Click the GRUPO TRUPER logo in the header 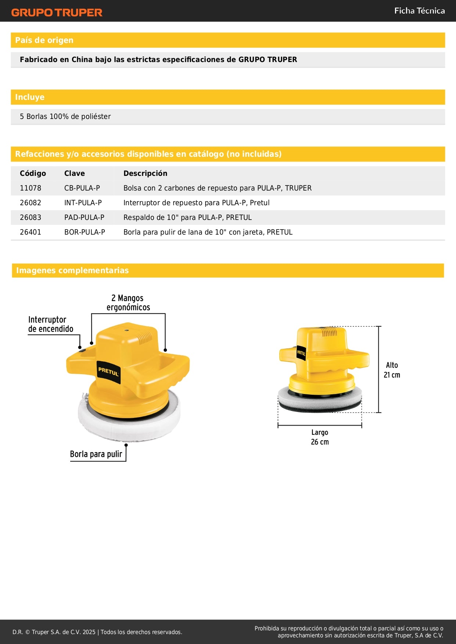57,12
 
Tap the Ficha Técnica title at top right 419,11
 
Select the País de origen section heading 44,40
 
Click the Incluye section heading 30,97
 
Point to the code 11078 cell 30,188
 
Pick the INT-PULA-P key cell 83,203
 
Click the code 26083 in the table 30,217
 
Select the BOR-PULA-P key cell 85,232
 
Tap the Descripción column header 145,173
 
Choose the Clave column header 74,173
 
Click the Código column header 33,173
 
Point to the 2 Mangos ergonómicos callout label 128,303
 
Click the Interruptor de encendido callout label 50,324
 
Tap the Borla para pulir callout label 96,454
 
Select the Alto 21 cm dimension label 392,370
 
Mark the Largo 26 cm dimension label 320,437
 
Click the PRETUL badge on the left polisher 108,372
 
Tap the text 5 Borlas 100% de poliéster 65,117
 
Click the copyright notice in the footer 97,632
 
